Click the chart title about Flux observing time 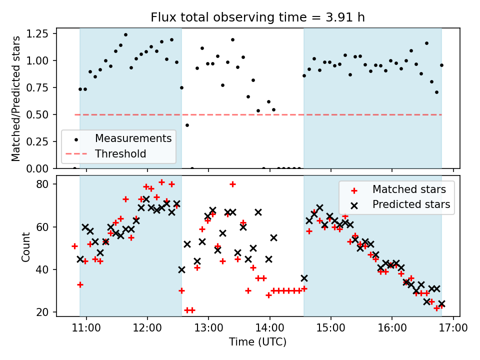258,17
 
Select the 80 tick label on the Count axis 45,184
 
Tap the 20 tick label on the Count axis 45,312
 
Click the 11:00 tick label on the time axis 86,328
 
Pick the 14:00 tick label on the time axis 270,328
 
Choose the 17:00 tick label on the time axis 453,328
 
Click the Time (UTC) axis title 258,342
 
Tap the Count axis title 25,246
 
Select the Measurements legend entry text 133,138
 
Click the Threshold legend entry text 120,153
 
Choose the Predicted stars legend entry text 411,204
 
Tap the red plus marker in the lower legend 354,190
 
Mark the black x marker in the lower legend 354,204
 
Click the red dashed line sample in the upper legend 76,153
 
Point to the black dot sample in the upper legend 76,138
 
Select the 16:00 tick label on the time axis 392,328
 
